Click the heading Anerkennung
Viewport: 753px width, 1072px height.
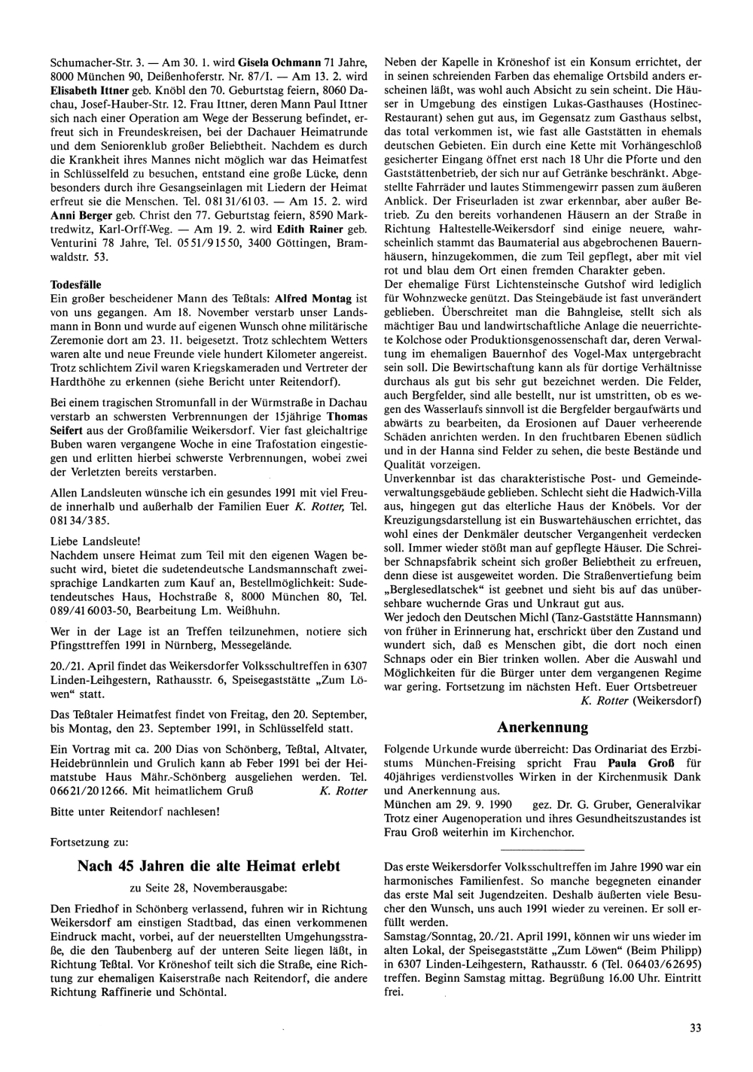tap(542, 727)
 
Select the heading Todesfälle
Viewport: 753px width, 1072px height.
tap(75, 285)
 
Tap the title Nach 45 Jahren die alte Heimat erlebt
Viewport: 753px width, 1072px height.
tap(209, 866)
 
